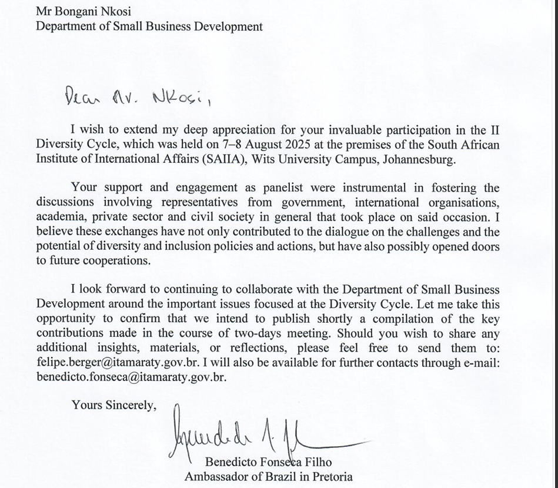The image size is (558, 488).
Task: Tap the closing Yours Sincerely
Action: pyautogui.click(x=114, y=405)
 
